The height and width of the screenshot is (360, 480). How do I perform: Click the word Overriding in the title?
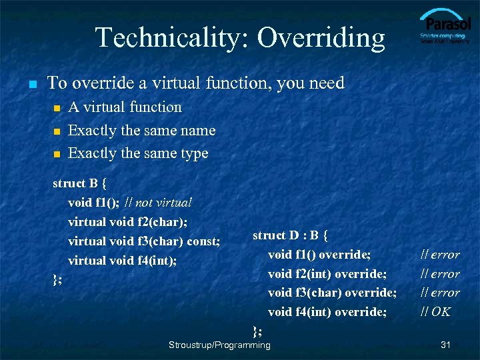(x=321, y=38)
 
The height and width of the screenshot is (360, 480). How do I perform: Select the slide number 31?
(x=446, y=345)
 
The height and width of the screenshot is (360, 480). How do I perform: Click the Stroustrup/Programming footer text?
(x=220, y=345)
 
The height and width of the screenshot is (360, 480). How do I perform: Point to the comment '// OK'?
(x=435, y=311)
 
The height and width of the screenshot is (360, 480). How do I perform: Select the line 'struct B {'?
(x=79, y=183)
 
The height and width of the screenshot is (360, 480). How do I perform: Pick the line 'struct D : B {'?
(x=290, y=235)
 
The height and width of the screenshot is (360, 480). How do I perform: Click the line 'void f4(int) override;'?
(x=327, y=311)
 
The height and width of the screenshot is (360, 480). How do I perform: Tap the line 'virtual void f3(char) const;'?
(x=144, y=241)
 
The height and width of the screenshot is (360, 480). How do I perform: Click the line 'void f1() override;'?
(x=319, y=254)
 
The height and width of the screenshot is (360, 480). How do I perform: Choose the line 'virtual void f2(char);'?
(x=127, y=221)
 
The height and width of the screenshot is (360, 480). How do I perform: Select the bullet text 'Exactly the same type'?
(x=138, y=153)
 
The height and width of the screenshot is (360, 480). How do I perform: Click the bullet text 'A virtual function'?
(x=125, y=107)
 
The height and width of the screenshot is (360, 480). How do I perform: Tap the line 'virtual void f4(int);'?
(x=123, y=260)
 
